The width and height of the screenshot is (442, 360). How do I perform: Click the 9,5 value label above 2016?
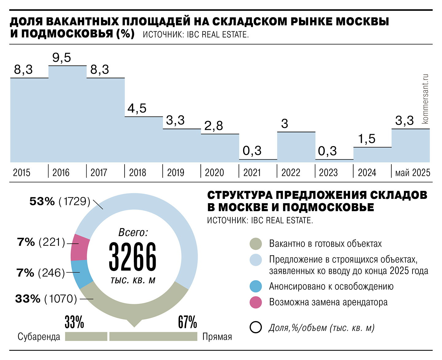(62, 58)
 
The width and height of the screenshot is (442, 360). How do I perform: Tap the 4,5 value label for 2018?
(137, 108)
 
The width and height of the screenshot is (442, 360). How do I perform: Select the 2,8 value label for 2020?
(214, 126)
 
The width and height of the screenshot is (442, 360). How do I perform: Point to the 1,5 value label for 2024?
(367, 139)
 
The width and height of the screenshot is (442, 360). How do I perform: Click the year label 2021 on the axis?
(252, 172)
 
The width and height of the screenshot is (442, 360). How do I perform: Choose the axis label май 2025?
(413, 172)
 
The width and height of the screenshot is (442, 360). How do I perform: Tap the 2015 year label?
(21, 172)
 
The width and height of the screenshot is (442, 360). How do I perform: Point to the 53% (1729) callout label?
(60, 201)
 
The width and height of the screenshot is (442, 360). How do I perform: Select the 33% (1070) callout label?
(46, 299)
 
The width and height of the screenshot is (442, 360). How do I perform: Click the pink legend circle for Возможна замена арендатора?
(256, 302)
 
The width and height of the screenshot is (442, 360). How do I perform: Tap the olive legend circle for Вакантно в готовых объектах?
(256, 244)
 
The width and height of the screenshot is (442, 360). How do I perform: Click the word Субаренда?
(39, 337)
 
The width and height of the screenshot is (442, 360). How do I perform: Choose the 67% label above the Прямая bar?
(187, 322)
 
